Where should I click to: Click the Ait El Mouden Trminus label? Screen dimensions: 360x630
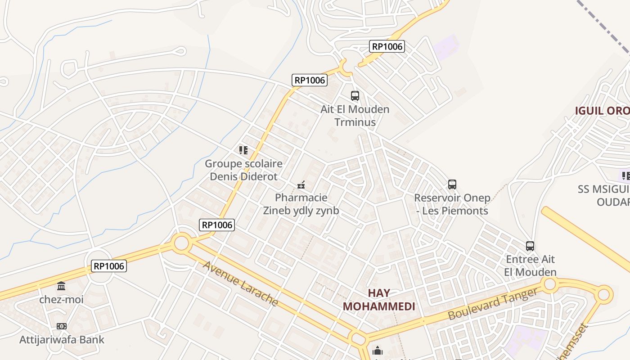[355, 116]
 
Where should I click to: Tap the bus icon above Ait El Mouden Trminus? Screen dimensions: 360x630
[355, 95]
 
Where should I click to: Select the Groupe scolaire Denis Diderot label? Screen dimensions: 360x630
[243, 170]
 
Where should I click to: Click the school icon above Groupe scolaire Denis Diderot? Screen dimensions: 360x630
[243, 150]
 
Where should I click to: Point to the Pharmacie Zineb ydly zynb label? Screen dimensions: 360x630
[301, 204]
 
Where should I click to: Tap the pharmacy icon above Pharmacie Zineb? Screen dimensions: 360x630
[301, 184]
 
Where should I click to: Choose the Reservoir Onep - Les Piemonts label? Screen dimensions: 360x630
[452, 204]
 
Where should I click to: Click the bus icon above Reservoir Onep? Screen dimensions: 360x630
[452, 184]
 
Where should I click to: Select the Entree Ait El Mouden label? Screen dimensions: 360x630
[530, 265]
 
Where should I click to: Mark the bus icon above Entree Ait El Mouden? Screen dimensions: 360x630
[530, 246]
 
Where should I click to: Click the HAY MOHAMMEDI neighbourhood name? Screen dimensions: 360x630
[379, 300]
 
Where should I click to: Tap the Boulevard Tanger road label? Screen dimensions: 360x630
[493, 305]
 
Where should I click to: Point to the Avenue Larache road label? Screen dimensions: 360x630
[240, 283]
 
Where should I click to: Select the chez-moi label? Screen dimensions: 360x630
[61, 299]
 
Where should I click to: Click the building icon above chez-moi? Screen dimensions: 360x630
[61, 286]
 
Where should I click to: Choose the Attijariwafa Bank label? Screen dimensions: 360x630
[62, 340]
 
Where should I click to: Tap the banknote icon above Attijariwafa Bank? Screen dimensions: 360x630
[62, 326]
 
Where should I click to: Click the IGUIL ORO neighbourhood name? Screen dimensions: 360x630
[602, 111]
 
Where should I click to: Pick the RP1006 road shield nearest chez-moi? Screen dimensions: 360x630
[108, 266]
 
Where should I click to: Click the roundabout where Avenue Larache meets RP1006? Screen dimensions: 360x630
[181, 243]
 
